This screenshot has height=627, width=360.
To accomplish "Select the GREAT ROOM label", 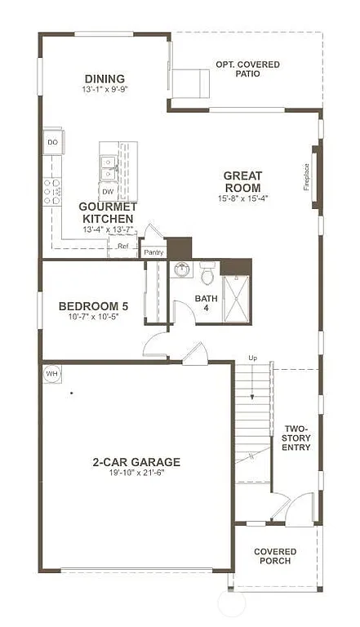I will click(x=242, y=181).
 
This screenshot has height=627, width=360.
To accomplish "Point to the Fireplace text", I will click(x=307, y=177).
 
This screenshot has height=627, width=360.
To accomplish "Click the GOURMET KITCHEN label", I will click(x=106, y=212).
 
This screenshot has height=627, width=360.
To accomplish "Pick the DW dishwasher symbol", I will click(x=108, y=192).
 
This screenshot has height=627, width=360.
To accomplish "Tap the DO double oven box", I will click(x=53, y=142).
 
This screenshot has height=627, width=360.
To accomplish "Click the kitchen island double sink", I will click(x=109, y=167).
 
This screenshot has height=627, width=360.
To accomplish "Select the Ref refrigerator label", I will click(x=123, y=246).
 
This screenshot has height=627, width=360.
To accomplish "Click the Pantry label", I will click(x=153, y=252).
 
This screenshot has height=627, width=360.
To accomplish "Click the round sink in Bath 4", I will click(x=182, y=270).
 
